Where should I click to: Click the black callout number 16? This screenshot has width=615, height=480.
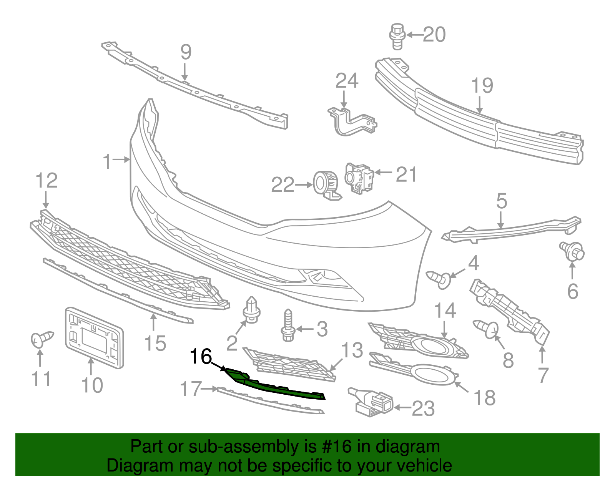click(x=201, y=357)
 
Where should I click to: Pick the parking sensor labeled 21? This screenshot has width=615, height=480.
click(x=359, y=178)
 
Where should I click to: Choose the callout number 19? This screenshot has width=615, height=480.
click(x=482, y=86)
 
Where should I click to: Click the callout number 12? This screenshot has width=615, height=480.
click(x=47, y=181)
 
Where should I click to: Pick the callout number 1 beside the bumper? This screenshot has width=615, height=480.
click(x=107, y=162)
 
